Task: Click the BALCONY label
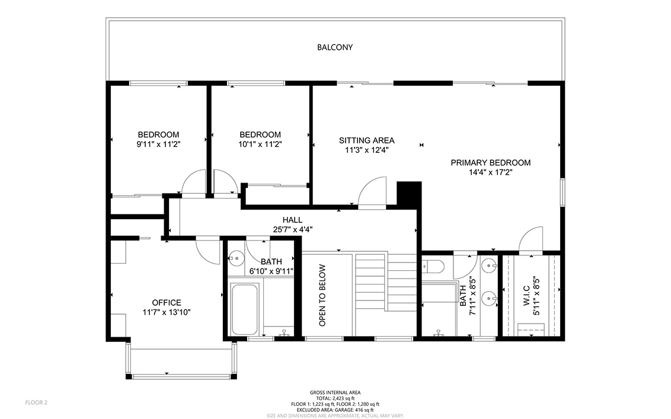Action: pos(335,47)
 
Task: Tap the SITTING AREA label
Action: pos(367,140)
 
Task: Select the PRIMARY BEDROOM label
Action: pos(490,162)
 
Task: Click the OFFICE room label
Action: pos(167,303)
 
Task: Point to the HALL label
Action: pos(292,220)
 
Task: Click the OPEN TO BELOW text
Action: pos(322,295)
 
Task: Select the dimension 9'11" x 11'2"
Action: pos(158,144)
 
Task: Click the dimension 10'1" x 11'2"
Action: pos(260,144)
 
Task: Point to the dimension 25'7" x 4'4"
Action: pos(293,229)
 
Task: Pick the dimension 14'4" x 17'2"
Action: pos(490,172)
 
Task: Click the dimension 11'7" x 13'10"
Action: pos(167,312)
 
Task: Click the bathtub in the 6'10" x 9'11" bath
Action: pos(244,309)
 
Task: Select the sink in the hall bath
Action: pos(235,258)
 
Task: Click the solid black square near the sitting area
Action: pos(409,195)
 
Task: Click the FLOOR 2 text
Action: pos(36,402)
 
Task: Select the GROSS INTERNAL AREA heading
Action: pos(335,392)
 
